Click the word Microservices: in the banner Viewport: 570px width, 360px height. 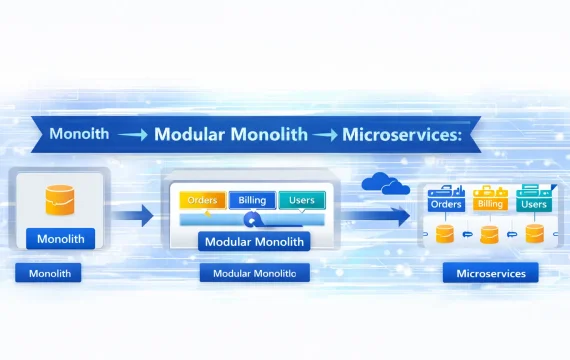(x=402, y=134)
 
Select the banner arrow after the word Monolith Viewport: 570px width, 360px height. (x=133, y=135)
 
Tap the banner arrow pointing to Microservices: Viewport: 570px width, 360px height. (x=325, y=135)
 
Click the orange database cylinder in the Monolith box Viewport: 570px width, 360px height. (x=60, y=200)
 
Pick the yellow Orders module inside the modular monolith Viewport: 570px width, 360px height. (x=203, y=200)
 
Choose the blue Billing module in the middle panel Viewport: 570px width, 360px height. (x=252, y=200)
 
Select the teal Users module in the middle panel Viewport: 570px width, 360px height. (x=302, y=200)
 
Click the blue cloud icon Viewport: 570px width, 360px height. (x=385, y=183)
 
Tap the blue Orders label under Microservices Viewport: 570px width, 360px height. (x=446, y=204)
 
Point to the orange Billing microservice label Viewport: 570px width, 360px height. (x=490, y=204)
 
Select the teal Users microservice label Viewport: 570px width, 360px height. (x=534, y=204)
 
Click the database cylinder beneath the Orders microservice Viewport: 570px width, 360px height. (x=445, y=234)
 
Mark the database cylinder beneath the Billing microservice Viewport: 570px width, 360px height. (x=489, y=235)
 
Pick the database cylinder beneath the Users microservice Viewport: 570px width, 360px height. (x=535, y=233)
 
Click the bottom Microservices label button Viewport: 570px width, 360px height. (x=491, y=273)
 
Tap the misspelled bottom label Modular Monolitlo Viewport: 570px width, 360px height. (x=254, y=273)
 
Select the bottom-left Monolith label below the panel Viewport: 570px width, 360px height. (x=48, y=273)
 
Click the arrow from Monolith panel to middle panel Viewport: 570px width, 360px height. (x=133, y=215)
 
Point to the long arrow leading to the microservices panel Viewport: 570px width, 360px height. (x=376, y=216)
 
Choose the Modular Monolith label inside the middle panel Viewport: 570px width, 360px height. (x=254, y=241)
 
